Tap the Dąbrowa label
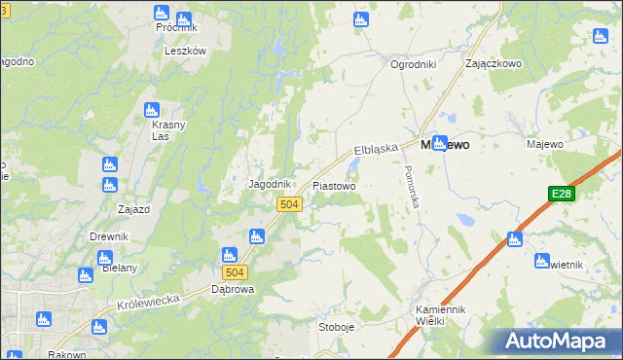click(x=233, y=289)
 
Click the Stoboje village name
click(x=337, y=327)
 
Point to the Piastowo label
click(x=334, y=185)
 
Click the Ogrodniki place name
click(x=413, y=64)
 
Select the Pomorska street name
click(x=412, y=189)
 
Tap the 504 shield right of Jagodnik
click(x=288, y=204)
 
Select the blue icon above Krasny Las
click(x=151, y=110)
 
